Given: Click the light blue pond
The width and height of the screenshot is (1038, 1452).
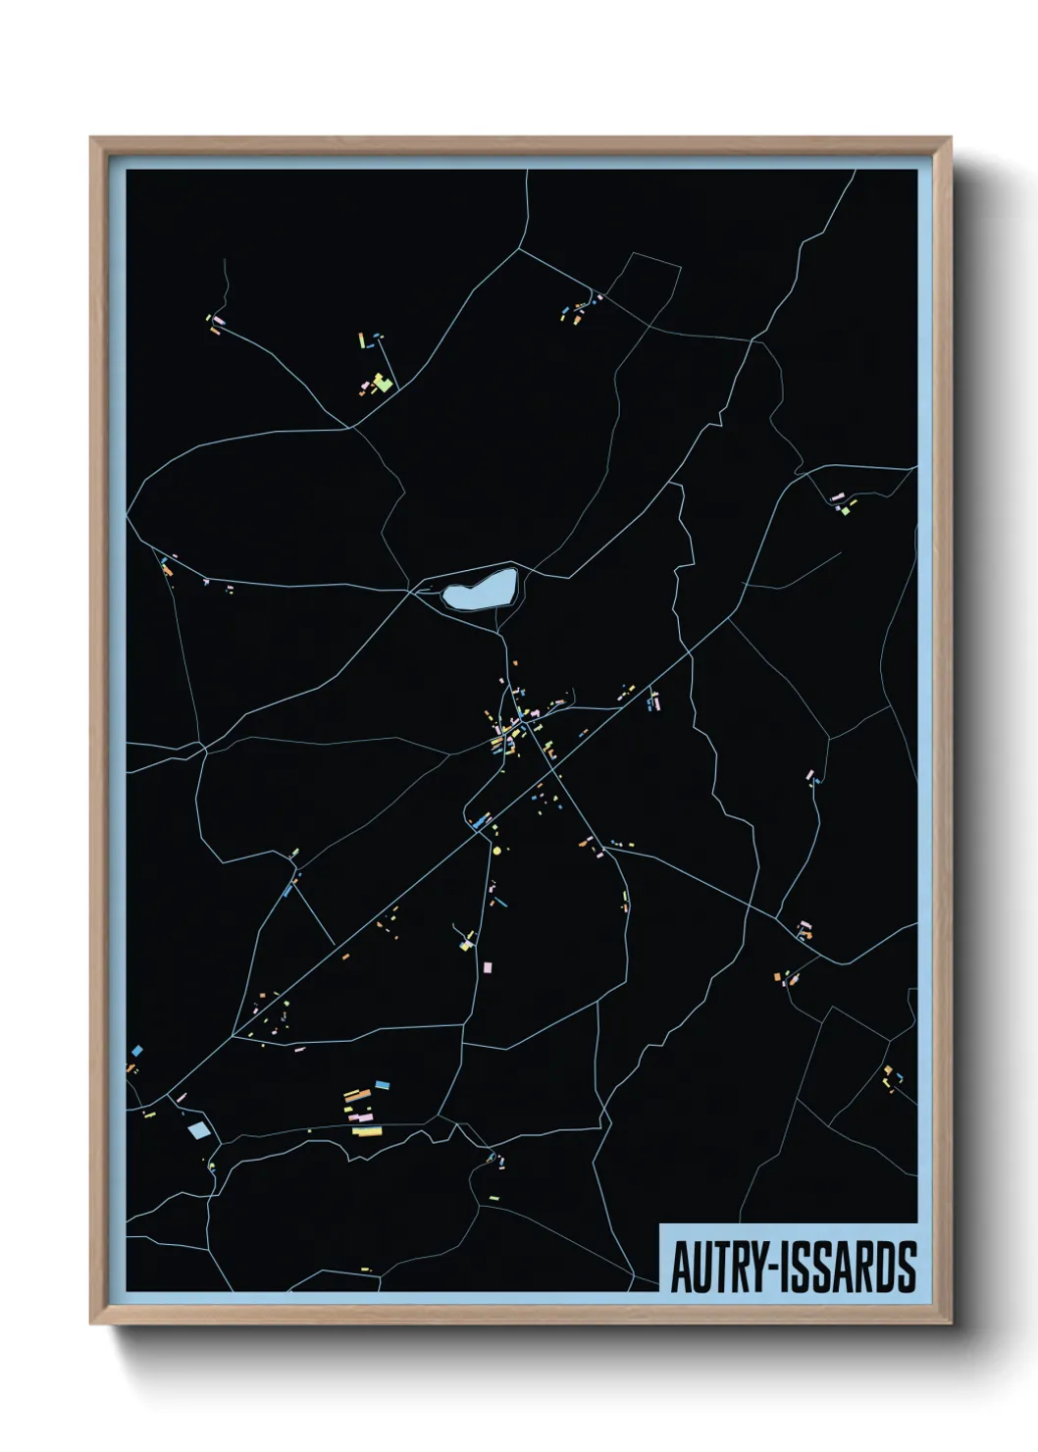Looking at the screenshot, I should (x=478, y=590).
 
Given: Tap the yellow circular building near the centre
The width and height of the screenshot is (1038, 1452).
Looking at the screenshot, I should (x=496, y=850).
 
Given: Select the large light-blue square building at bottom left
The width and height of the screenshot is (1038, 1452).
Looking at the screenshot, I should (x=199, y=1130).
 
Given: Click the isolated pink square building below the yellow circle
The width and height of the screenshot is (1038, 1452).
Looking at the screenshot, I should (x=487, y=967).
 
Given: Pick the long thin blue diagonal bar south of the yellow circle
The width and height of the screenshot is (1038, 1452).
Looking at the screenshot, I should (x=500, y=901).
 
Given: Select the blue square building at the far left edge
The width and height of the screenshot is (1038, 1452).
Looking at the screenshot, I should (x=136, y=1051).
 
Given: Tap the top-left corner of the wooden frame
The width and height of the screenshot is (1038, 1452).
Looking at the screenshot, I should (x=92, y=138).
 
